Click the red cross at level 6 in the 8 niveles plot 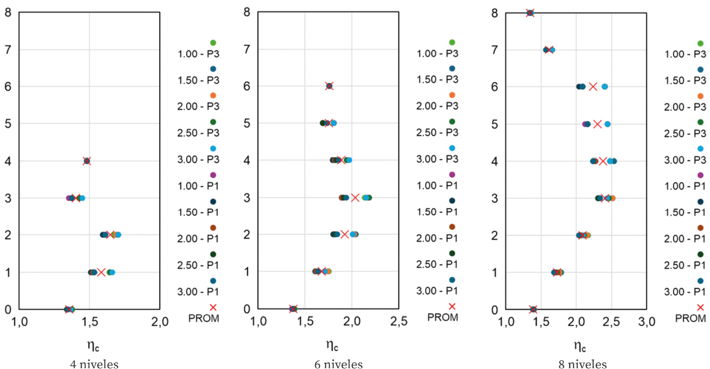593,87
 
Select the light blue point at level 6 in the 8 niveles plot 604,87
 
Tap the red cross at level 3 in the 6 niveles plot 355,197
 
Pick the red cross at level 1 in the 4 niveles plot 101,272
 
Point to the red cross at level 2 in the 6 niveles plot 345,234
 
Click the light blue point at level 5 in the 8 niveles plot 607,124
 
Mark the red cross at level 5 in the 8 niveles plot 597,124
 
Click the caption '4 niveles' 94,364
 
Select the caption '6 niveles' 339,364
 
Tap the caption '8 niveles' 583,364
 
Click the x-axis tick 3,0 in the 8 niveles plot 646,322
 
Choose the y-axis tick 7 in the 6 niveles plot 247,49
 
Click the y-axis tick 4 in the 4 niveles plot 8,161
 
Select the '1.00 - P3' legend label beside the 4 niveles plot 198,54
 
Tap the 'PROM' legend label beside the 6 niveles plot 442,317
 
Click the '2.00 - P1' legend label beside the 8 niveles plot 685,239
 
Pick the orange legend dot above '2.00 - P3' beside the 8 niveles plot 700,96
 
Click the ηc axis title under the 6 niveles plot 332,345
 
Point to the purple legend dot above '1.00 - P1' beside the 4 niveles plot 213,175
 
